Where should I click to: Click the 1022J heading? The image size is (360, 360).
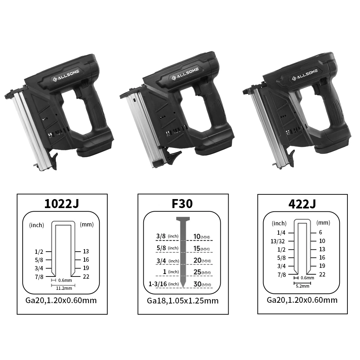[62, 204]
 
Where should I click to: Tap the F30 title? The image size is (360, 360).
[183, 204]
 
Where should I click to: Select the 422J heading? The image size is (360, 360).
[302, 204]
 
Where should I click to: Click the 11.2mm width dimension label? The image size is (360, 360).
[63, 288]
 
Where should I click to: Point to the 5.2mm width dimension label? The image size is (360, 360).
[302, 286]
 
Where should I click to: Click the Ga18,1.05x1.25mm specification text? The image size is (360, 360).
[183, 301]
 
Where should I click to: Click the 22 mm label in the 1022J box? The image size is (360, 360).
[86, 276]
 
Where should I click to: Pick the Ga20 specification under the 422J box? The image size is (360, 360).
[302, 300]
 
